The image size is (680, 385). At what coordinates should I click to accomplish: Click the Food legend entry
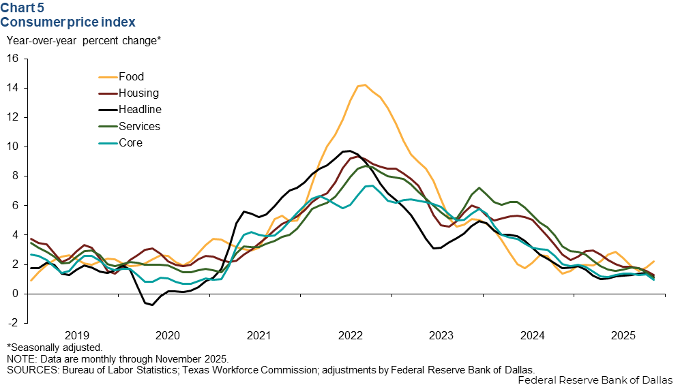pos(131,77)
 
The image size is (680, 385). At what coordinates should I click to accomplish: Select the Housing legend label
pos(138,93)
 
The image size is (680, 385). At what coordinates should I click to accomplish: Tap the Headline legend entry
pos(140,110)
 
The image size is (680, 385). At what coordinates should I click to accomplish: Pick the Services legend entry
pos(139,127)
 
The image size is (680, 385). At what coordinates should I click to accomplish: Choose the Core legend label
pos(130,143)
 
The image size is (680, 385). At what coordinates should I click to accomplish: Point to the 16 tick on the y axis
pos(12,59)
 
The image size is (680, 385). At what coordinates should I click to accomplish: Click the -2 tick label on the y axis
pos(12,323)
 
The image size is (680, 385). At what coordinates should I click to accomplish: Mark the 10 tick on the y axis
pos(12,147)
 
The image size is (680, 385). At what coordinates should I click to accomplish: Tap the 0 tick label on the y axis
pos(16,294)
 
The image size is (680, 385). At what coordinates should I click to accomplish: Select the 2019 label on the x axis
pos(76,335)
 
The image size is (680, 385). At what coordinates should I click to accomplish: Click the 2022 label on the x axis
pos(350,335)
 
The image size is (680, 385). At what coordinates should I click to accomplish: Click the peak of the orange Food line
pos(364,84)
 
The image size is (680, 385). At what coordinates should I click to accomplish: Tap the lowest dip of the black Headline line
pos(151,305)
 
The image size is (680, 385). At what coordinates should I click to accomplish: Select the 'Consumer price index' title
pos(68,22)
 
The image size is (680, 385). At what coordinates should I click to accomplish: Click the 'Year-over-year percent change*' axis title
pos(83,40)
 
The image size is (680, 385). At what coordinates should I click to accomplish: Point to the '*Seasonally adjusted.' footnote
pos(55,348)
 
